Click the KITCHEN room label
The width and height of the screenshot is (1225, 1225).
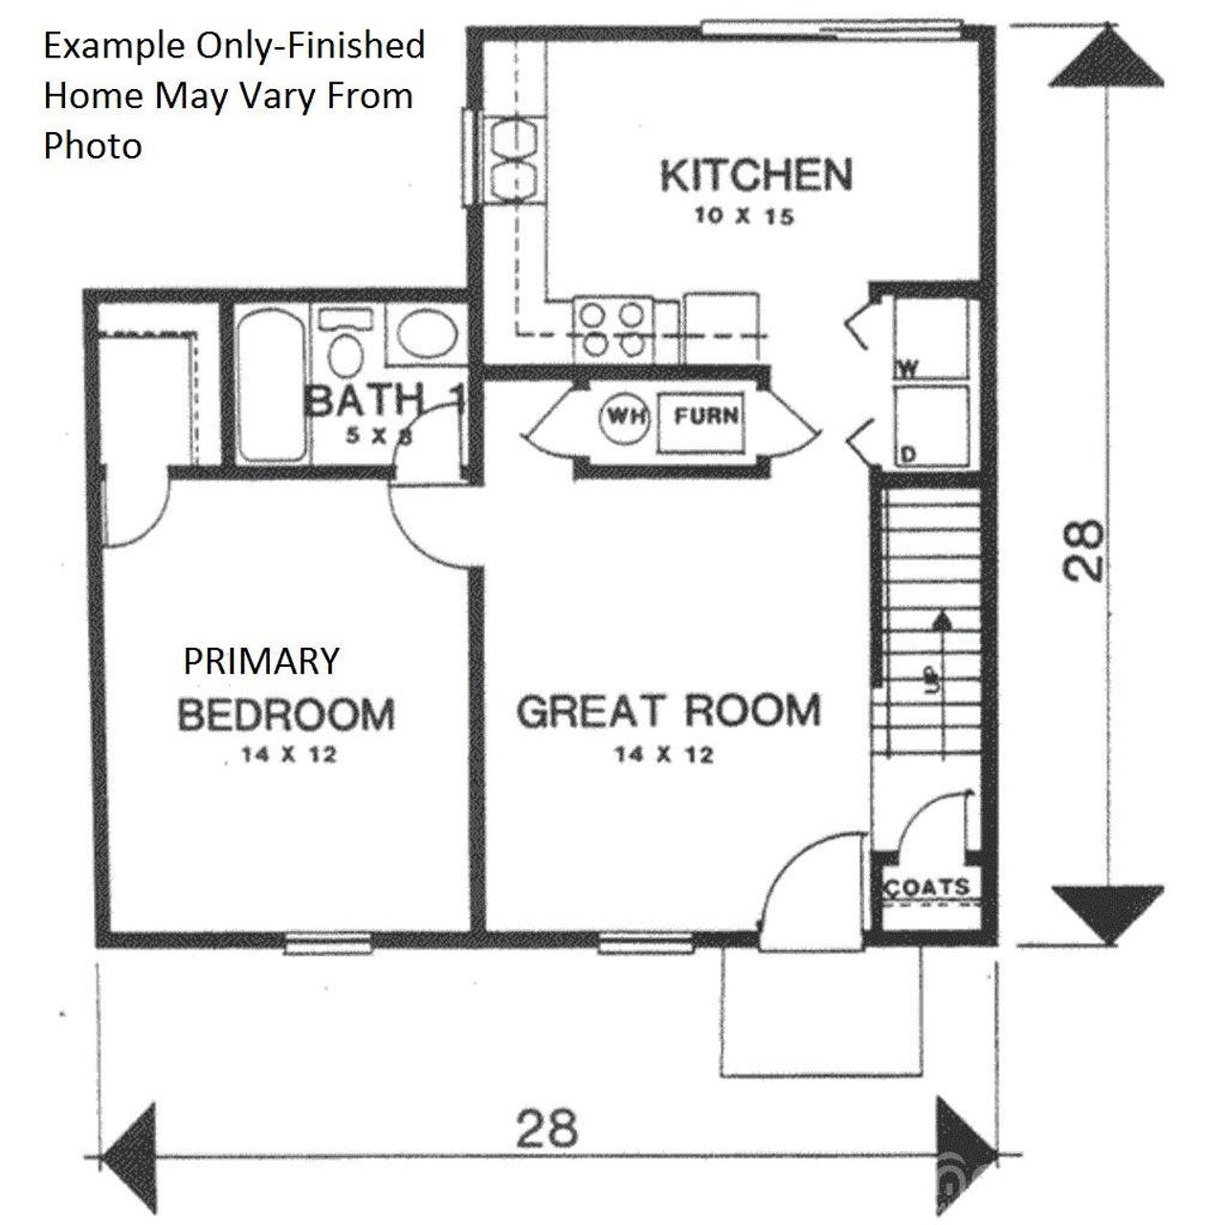(x=755, y=175)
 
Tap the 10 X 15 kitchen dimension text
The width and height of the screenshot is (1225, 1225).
(x=744, y=216)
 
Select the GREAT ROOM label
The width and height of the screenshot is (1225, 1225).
(x=669, y=712)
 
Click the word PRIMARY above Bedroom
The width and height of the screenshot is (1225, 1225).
(x=260, y=661)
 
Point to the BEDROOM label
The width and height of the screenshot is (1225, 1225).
(x=286, y=715)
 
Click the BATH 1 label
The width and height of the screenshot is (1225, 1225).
(x=383, y=400)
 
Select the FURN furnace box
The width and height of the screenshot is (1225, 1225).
(x=706, y=417)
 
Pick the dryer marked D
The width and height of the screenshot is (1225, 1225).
(x=930, y=426)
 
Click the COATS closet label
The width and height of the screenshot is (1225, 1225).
(x=927, y=887)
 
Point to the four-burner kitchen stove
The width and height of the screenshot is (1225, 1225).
(x=612, y=329)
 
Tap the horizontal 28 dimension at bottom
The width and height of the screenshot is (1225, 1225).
(x=547, y=1126)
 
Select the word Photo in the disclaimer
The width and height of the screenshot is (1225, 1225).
(x=93, y=145)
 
